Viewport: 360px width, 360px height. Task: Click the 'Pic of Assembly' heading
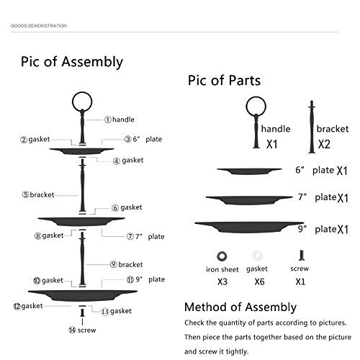pos(72,62)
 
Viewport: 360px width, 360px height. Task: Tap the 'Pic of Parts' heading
pos(224,81)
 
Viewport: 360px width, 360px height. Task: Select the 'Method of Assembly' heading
pos(240,307)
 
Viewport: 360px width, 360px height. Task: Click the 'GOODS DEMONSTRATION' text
pos(38,26)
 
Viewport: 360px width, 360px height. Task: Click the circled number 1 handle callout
pos(120,120)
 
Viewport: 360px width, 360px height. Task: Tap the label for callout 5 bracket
pos(38,194)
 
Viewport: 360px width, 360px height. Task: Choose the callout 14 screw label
pos(82,330)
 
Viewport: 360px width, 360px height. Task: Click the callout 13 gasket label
pos(116,311)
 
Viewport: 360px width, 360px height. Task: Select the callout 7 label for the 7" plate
pos(145,237)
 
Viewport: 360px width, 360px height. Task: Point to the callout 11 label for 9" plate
pos(145,279)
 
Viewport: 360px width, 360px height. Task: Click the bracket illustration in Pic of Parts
pos(312,127)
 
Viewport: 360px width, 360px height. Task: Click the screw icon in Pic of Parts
pos(302,256)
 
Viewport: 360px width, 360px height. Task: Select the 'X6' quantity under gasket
pos(259,282)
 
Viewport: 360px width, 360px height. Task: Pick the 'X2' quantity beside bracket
pos(324,144)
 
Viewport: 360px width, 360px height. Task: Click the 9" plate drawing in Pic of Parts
pos(249,227)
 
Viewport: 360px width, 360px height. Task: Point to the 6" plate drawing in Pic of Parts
pos(249,171)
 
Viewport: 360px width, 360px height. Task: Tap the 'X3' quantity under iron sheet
pos(222,282)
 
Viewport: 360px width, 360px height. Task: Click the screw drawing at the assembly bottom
pos(82,312)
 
